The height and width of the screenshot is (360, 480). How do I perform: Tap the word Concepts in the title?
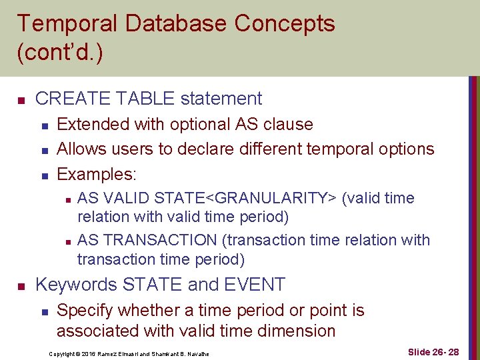(285, 24)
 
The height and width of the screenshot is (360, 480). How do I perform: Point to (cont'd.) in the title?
(60, 53)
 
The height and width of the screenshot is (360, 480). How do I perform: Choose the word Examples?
(97, 174)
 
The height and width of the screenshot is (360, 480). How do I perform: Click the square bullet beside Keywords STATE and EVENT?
(21, 286)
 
